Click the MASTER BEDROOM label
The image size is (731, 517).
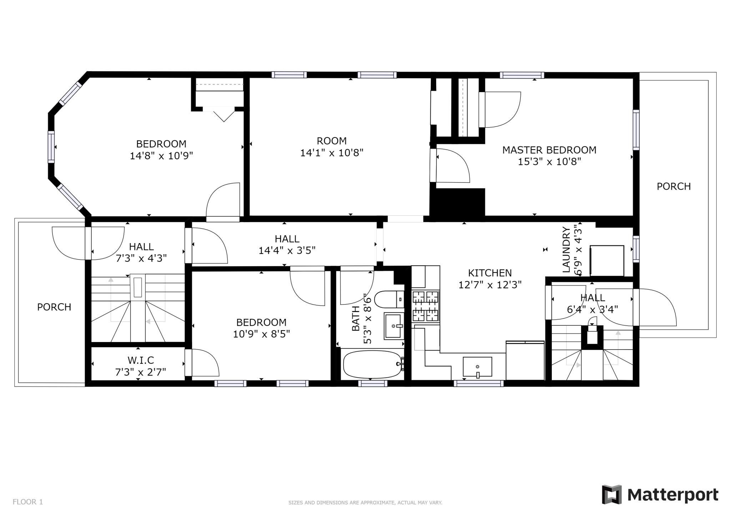point(549,150)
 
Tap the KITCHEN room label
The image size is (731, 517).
point(490,273)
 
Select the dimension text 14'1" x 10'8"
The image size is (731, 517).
point(332,153)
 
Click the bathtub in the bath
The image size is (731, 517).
point(372,364)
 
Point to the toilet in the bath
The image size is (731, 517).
point(389,299)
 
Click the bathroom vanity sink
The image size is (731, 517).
point(394,326)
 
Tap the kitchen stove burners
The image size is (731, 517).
point(425,306)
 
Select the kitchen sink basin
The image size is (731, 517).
point(477,367)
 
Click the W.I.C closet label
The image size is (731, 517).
point(141,360)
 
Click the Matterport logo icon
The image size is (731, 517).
point(612,495)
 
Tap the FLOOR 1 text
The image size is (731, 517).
point(28,502)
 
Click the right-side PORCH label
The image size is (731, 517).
point(674,186)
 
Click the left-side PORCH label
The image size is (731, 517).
point(54,307)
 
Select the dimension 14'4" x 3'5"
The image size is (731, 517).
point(287,251)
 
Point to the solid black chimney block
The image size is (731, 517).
point(457,202)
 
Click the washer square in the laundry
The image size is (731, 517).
point(606,261)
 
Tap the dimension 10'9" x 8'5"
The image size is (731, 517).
point(261,334)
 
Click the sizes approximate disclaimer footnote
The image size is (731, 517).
point(365,503)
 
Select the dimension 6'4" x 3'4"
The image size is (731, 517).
point(592,309)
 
